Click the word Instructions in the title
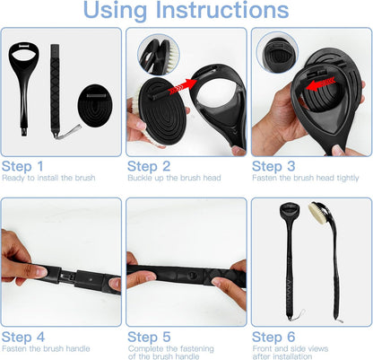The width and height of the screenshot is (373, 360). pos(222,10)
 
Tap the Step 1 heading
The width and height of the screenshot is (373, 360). pos(22,166)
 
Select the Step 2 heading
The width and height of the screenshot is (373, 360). pos(149,166)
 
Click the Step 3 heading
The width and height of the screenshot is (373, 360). pos(273,166)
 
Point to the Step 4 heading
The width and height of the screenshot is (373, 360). pos(23,337)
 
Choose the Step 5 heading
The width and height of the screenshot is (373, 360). pos(149,337)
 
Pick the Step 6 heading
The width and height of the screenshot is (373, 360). pos(273,337)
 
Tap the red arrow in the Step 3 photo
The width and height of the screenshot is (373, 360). pos(320,83)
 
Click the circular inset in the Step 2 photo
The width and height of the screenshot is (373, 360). pos(159,55)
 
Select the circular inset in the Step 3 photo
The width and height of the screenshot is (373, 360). pos(277,53)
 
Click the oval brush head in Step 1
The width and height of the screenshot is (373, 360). pos(95,106)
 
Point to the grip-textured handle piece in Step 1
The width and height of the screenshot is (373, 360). pos(55,90)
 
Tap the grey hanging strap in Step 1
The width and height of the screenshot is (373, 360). pos(69,132)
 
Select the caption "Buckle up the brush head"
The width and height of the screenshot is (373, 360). pos(174,178)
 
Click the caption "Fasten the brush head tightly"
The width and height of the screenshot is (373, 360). pos(306,178)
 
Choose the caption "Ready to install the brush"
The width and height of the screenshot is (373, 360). pos(48,178)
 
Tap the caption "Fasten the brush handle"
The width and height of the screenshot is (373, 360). pos(46,348)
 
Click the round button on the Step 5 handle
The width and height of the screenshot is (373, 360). pos(192,274)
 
